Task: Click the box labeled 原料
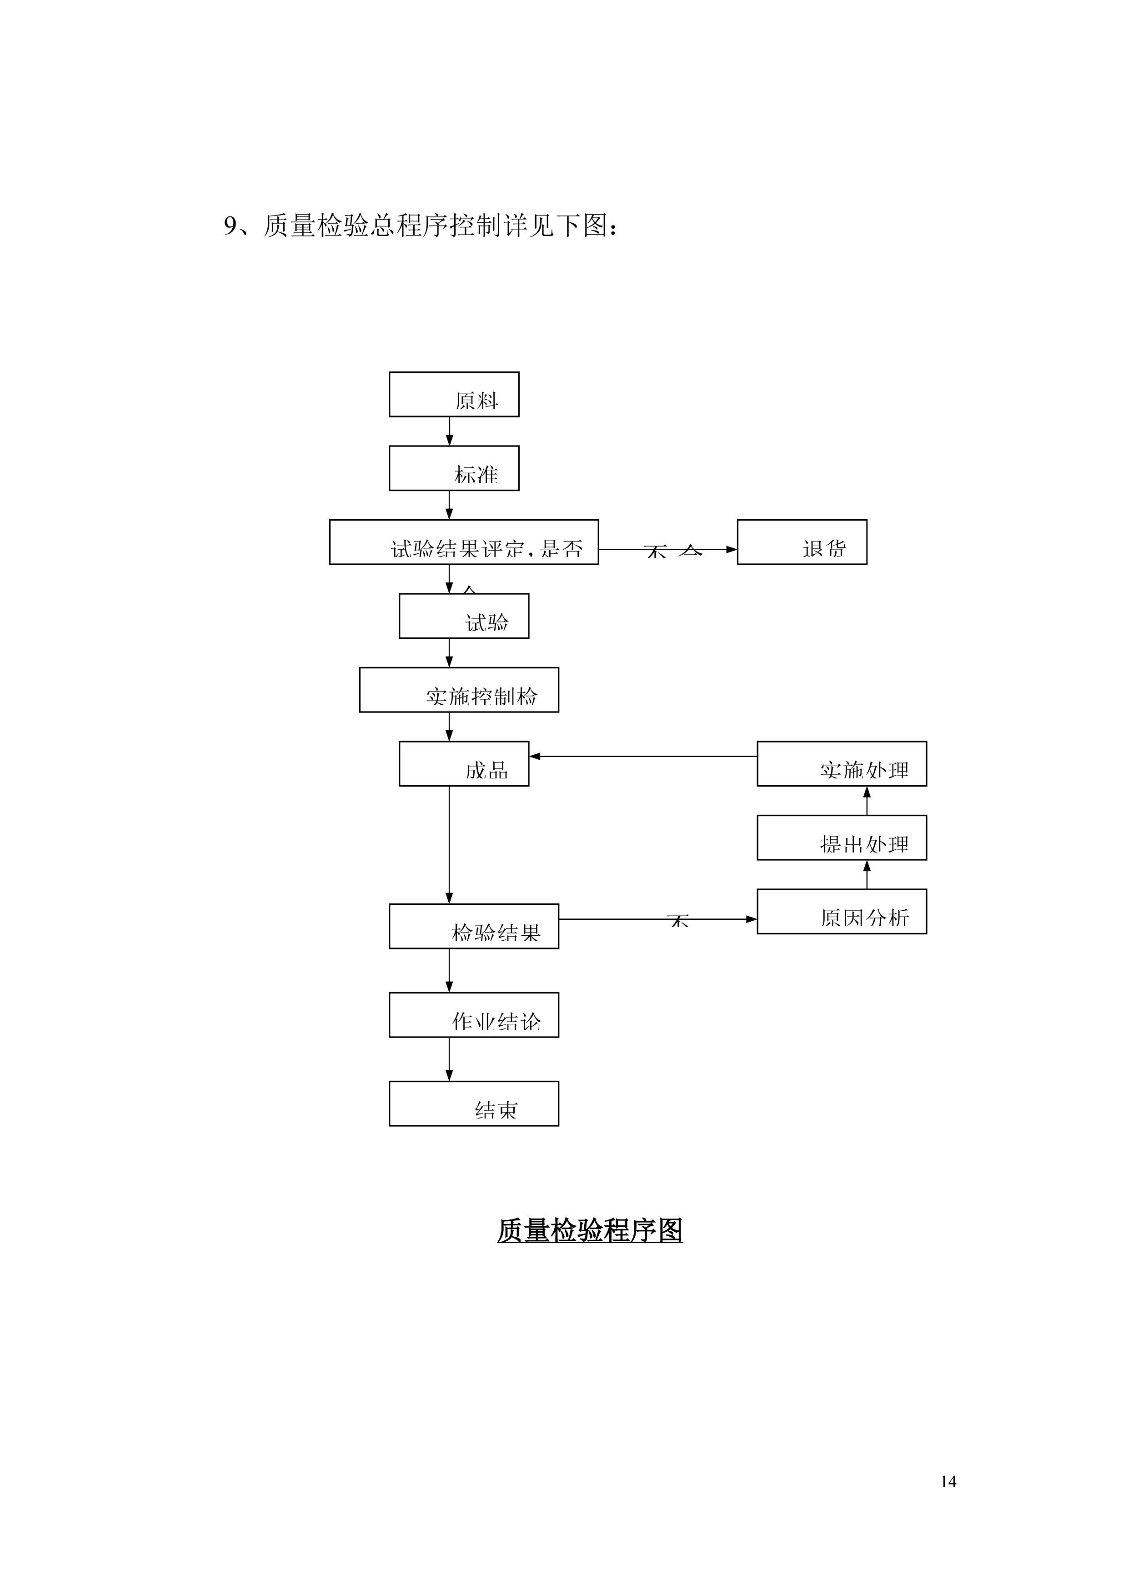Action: pyautogui.click(x=454, y=395)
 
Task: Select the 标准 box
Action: pyautogui.click(x=454, y=468)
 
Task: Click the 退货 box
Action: pyautogui.click(x=802, y=542)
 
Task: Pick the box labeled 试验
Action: pyautogui.click(x=463, y=616)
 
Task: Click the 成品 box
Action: pyautogui.click(x=463, y=764)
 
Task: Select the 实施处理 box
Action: pyautogui.click(x=841, y=764)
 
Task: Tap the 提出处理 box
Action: pyautogui.click(x=841, y=838)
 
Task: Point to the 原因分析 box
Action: pyautogui.click(x=841, y=912)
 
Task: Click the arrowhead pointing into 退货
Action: pyautogui.click(x=732, y=550)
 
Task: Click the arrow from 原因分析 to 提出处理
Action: pyautogui.click(x=866, y=875)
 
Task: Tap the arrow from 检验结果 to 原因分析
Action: pyautogui.click(x=657, y=919)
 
